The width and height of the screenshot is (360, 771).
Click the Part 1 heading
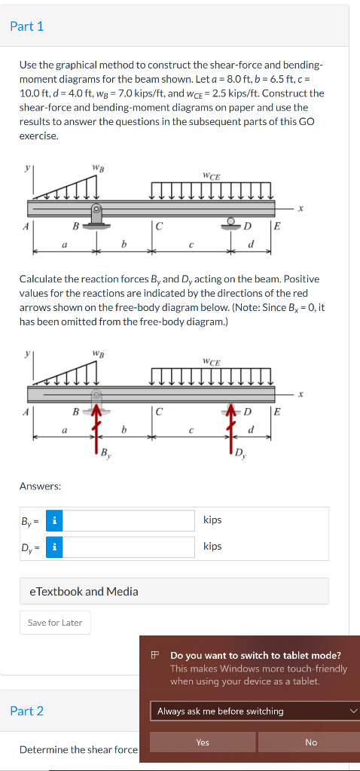point(27,26)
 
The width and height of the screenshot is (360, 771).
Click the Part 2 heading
point(27,711)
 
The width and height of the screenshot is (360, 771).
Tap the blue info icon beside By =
point(54,520)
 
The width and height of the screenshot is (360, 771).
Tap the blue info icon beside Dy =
point(54,547)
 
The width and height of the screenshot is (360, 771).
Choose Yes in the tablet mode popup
point(203,742)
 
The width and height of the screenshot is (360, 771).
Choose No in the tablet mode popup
point(311,742)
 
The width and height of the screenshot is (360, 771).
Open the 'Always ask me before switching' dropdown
point(255,711)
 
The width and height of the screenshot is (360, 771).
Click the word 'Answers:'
point(40,486)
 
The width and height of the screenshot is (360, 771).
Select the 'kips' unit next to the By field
point(212,520)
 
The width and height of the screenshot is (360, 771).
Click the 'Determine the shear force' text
point(78,750)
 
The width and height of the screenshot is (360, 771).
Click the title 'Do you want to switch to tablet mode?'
point(255,656)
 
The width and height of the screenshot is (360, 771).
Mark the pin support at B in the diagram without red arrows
point(96,215)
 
